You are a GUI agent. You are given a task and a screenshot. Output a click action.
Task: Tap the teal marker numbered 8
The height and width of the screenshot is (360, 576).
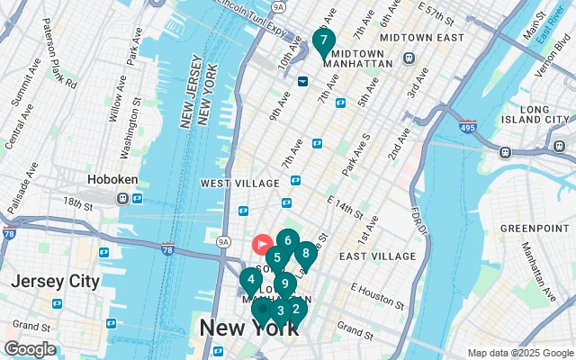click(x=306, y=254)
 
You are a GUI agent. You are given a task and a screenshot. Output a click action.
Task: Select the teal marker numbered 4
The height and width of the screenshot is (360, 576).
click(x=251, y=280)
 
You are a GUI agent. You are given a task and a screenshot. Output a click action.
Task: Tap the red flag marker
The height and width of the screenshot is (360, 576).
click(x=263, y=243)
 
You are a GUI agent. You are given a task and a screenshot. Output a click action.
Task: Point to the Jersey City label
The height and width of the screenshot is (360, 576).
click(x=55, y=281)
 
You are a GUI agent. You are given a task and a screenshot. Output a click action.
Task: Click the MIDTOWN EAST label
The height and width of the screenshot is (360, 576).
click(x=421, y=38)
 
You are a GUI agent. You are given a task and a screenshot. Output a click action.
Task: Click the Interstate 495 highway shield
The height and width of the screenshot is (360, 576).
click(x=467, y=127)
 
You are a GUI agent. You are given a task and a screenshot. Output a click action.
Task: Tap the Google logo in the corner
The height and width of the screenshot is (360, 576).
click(x=30, y=349)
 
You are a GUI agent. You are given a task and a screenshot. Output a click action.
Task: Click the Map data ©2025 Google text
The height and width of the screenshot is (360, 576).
click(x=519, y=353)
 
